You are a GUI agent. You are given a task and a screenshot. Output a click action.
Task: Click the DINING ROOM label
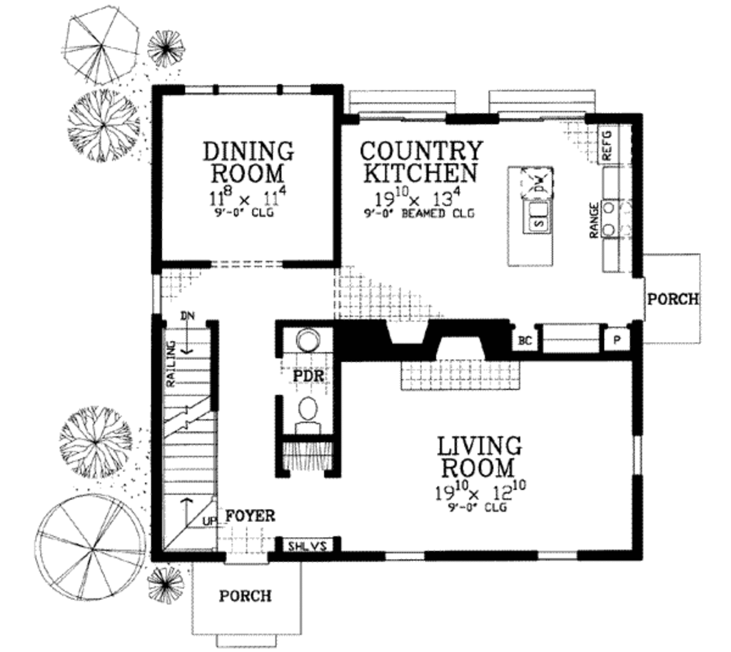(x=248, y=162)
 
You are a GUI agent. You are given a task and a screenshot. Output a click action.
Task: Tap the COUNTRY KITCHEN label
(x=420, y=162)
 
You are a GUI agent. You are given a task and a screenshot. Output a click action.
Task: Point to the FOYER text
(x=251, y=516)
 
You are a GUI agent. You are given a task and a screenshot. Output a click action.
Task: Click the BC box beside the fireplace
(x=525, y=341)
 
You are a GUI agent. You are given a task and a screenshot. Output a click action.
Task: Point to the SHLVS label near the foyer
(x=307, y=547)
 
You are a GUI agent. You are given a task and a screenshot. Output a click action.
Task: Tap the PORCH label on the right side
(x=672, y=299)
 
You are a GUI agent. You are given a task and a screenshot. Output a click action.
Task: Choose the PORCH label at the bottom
(x=245, y=595)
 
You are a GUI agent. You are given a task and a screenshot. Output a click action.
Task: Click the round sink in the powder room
(x=308, y=338)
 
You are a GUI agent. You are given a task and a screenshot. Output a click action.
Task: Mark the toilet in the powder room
(x=308, y=413)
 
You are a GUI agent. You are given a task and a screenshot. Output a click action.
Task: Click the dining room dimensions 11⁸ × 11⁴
(x=248, y=196)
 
